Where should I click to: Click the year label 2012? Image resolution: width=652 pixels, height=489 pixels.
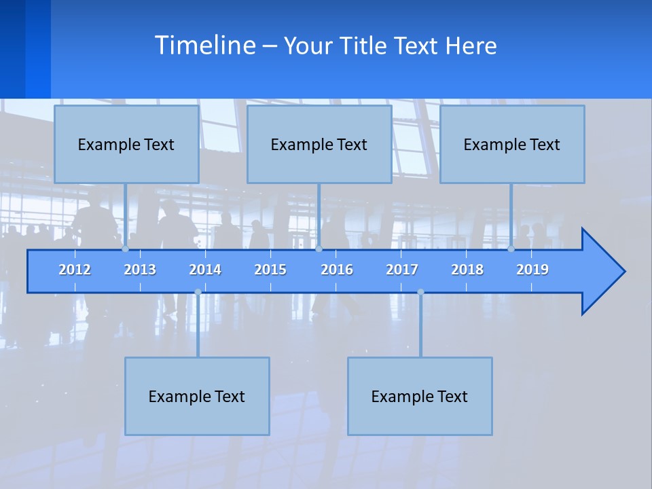click(x=75, y=270)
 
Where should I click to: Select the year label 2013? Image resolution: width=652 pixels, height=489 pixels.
click(x=140, y=270)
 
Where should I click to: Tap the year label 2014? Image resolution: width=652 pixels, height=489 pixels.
click(x=205, y=270)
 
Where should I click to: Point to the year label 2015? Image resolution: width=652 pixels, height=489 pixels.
click(x=270, y=270)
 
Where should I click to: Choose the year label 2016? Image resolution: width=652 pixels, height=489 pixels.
click(x=337, y=270)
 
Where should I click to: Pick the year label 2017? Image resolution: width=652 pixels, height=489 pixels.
click(x=402, y=270)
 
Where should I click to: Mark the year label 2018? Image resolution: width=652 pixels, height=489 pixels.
click(x=467, y=270)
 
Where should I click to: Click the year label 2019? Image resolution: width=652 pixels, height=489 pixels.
click(x=532, y=270)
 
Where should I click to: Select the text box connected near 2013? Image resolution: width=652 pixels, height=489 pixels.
click(x=126, y=144)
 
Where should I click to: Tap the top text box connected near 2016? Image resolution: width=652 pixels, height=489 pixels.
click(x=319, y=144)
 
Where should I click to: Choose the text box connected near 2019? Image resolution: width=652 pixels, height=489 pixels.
click(x=512, y=144)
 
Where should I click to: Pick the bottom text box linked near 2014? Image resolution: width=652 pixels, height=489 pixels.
click(x=197, y=396)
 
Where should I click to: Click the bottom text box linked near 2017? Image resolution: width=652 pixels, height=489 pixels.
click(x=420, y=396)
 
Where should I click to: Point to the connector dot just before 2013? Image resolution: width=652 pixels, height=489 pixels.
click(x=125, y=249)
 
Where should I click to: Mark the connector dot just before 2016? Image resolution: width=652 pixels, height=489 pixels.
click(x=319, y=249)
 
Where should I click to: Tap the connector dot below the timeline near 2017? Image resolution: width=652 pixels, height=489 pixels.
click(x=420, y=292)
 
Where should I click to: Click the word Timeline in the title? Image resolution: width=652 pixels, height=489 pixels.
click(x=204, y=46)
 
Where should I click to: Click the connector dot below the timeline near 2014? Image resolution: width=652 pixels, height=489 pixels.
click(x=198, y=292)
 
